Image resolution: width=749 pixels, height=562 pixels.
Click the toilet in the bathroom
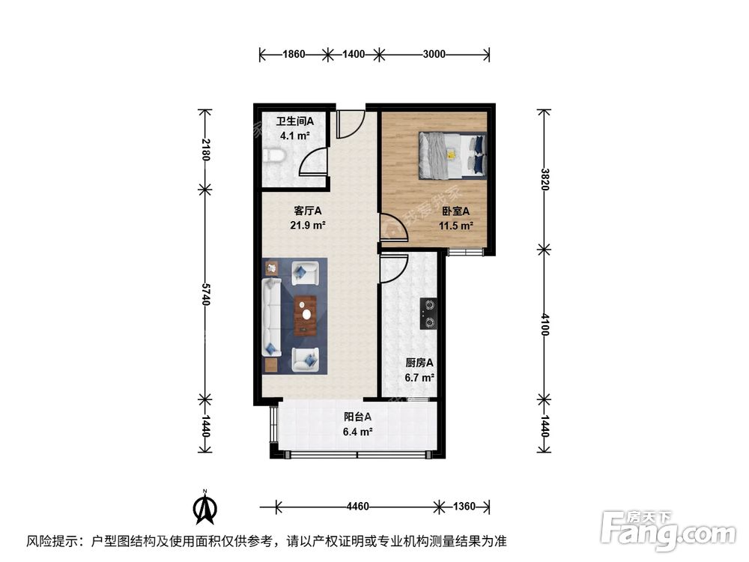pos(274,156)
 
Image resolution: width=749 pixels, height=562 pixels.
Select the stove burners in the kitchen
pos(430,314)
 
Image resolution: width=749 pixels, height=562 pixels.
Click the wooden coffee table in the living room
pos(306,315)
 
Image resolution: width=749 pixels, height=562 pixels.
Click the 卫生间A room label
pos(294,121)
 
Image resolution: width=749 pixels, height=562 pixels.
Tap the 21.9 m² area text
pos(308,225)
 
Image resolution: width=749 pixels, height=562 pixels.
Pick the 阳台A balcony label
pos(358,417)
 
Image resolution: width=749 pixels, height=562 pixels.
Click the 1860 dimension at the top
pos(294,54)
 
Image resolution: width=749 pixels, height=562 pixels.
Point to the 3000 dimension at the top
pos(434,54)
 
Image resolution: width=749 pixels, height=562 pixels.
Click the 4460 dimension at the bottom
pos(358,507)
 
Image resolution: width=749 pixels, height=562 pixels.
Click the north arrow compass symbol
pos(204,507)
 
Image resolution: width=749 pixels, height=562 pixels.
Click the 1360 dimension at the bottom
pos(464,507)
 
